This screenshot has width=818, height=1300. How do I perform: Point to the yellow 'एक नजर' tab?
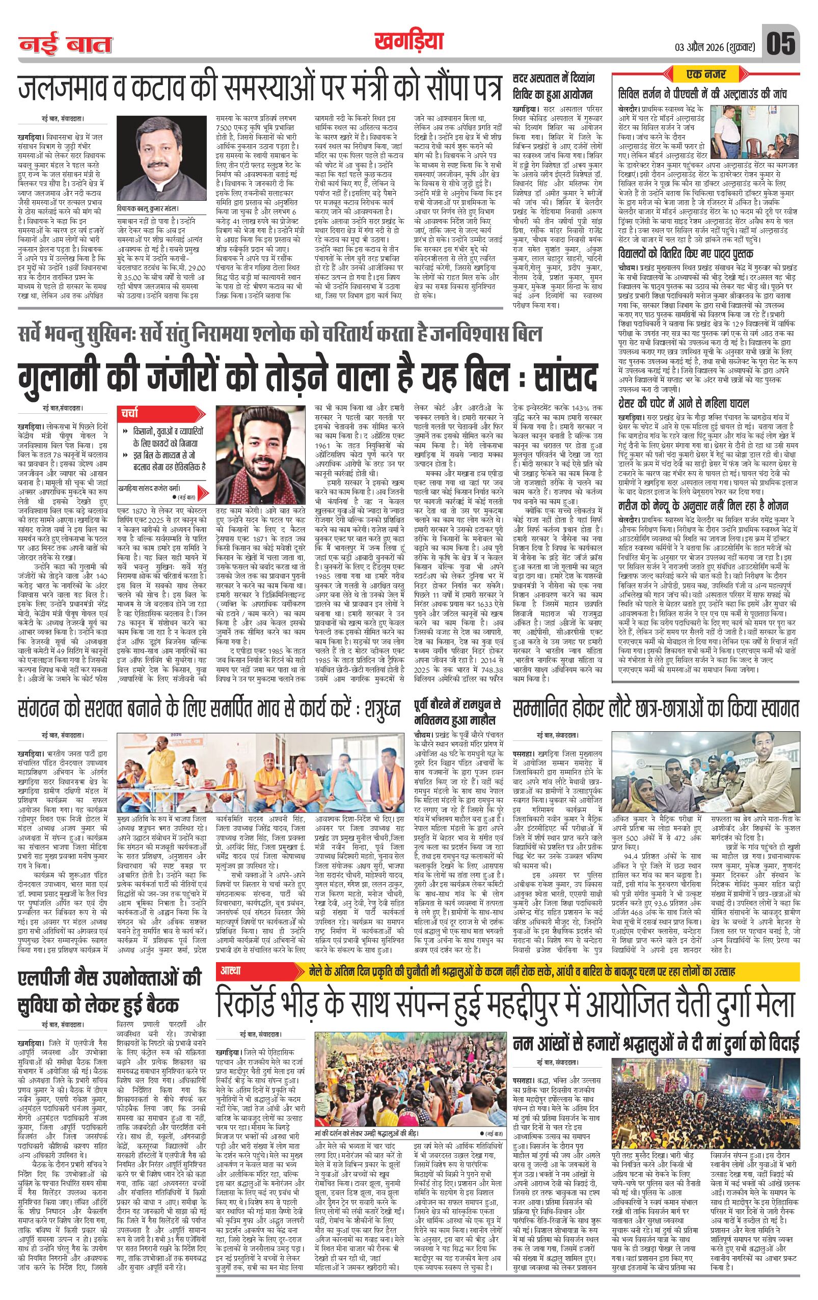[x=706, y=73]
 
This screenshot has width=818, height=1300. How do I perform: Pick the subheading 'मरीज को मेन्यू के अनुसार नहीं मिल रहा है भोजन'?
[x=701, y=506]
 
